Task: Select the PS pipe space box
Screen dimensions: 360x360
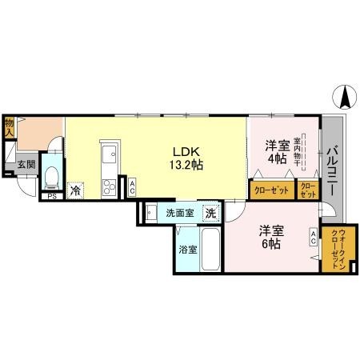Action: (52, 195)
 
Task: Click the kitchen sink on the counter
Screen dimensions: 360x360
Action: (110, 154)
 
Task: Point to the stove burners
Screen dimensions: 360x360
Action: (109, 186)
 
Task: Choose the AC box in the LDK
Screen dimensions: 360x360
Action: (131, 187)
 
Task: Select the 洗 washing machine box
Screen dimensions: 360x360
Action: (210, 214)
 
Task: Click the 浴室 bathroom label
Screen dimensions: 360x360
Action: (187, 249)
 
